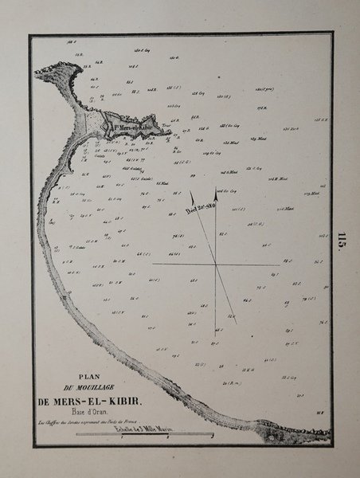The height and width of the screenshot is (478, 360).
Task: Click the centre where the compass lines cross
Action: pyautogui.click(x=216, y=263)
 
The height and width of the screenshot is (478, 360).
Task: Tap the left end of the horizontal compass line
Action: pyautogui.click(x=153, y=263)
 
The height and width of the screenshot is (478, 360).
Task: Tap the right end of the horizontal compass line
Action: pyautogui.click(x=279, y=263)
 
